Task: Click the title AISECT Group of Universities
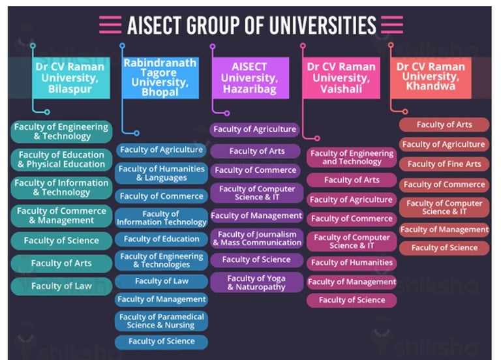click(251, 25)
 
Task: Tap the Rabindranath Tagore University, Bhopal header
click(160, 77)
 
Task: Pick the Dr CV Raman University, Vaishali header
click(341, 78)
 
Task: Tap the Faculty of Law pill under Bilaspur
click(61, 286)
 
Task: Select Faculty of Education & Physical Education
click(61, 160)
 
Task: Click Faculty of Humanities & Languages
click(161, 173)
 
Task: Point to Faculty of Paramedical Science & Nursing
click(161, 321)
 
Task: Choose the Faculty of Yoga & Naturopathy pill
click(256, 282)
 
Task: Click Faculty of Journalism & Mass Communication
click(256, 239)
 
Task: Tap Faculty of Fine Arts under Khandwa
click(444, 164)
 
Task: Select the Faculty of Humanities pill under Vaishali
click(352, 263)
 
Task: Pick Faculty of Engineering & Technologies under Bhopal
click(161, 261)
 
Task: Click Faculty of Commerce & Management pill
click(61, 216)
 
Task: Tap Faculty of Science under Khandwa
click(444, 248)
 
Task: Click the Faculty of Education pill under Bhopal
click(161, 239)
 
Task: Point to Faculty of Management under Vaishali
click(352, 282)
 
